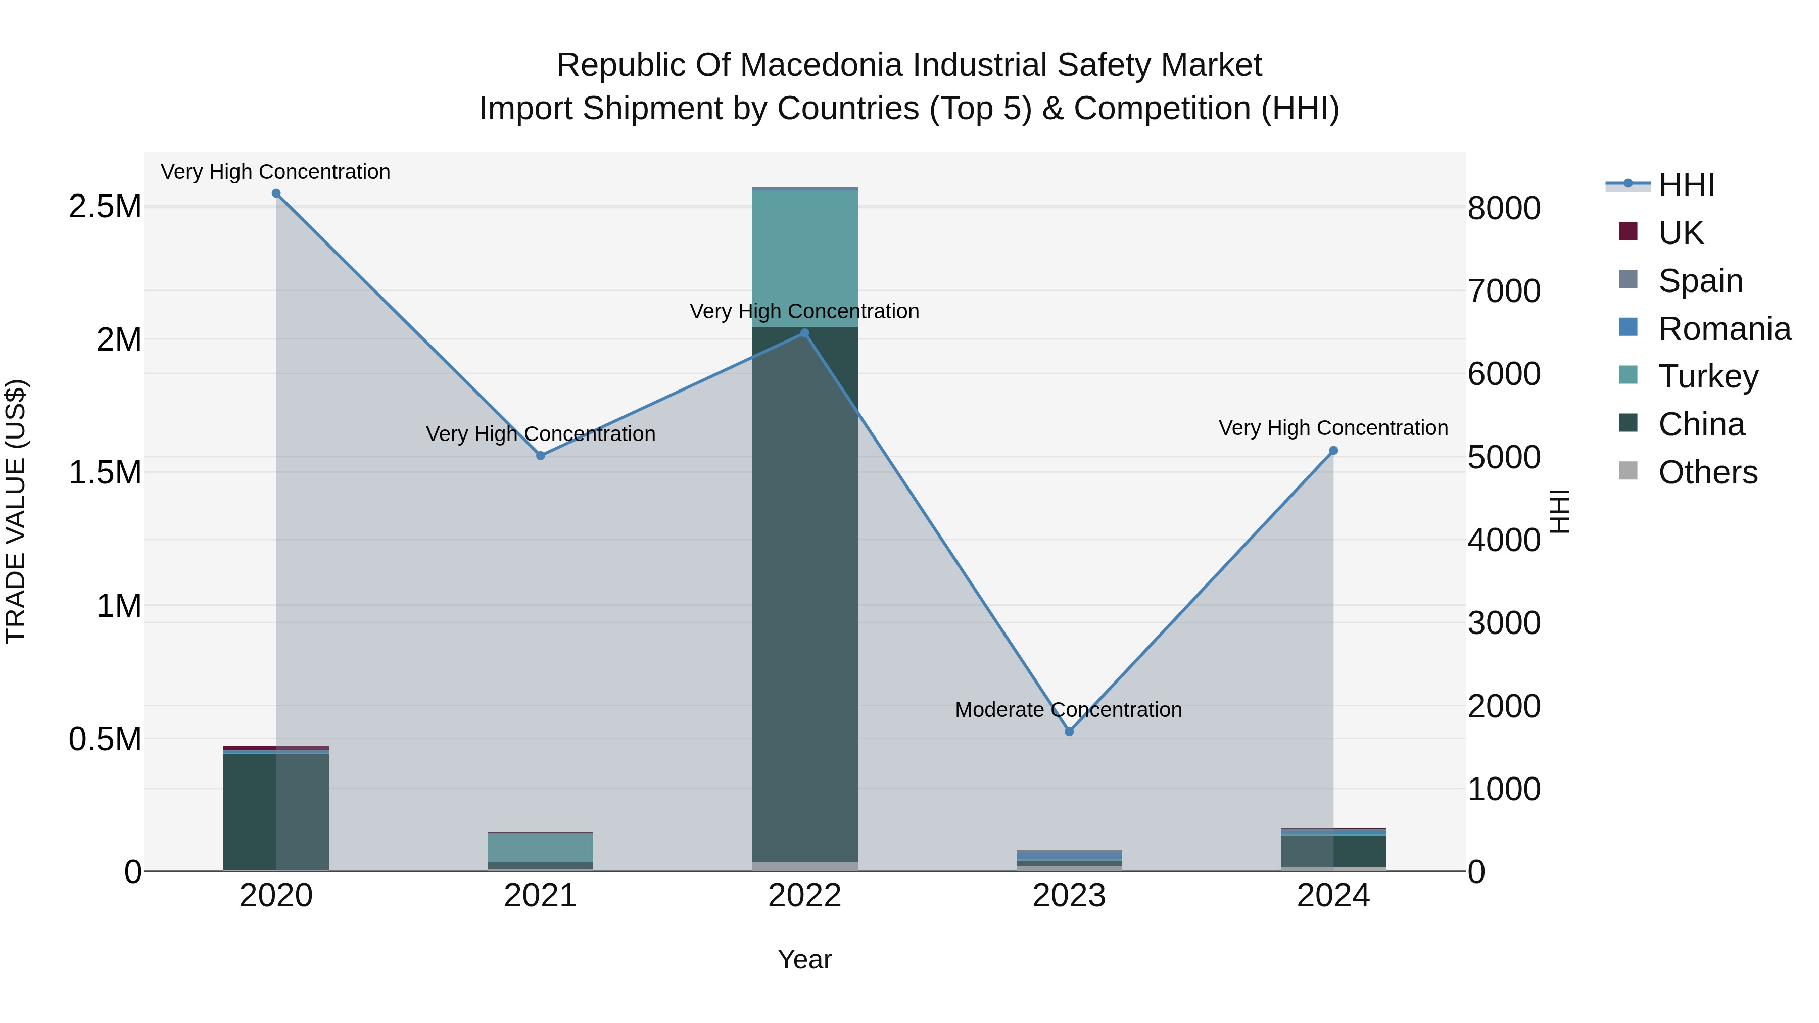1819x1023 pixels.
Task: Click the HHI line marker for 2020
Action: pyautogui.click(x=276, y=193)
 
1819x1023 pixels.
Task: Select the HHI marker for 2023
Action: pyautogui.click(x=1069, y=732)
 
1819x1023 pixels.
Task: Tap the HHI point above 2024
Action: pyautogui.click(x=1333, y=451)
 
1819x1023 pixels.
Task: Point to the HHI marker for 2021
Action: pyautogui.click(x=540, y=455)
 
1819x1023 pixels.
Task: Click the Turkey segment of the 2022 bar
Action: pyautogui.click(x=804, y=258)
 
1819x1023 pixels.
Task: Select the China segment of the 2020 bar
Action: pyautogui.click(x=276, y=812)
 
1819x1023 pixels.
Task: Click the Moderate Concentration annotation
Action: pyautogui.click(x=1068, y=710)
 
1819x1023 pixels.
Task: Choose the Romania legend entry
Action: pyautogui.click(x=1724, y=329)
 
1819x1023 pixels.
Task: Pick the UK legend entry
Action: pyautogui.click(x=1680, y=233)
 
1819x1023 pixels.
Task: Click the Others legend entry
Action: pyautogui.click(x=1707, y=472)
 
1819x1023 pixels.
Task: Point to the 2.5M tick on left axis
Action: pyautogui.click(x=105, y=207)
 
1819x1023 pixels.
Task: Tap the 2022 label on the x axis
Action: pyautogui.click(x=804, y=896)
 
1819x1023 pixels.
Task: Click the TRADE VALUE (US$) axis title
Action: pyautogui.click(x=16, y=511)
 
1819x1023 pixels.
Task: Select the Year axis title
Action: pyautogui.click(x=804, y=959)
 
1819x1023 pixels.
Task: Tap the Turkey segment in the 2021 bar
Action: pyautogui.click(x=540, y=847)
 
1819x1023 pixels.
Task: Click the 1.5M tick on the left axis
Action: pyautogui.click(x=105, y=472)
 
